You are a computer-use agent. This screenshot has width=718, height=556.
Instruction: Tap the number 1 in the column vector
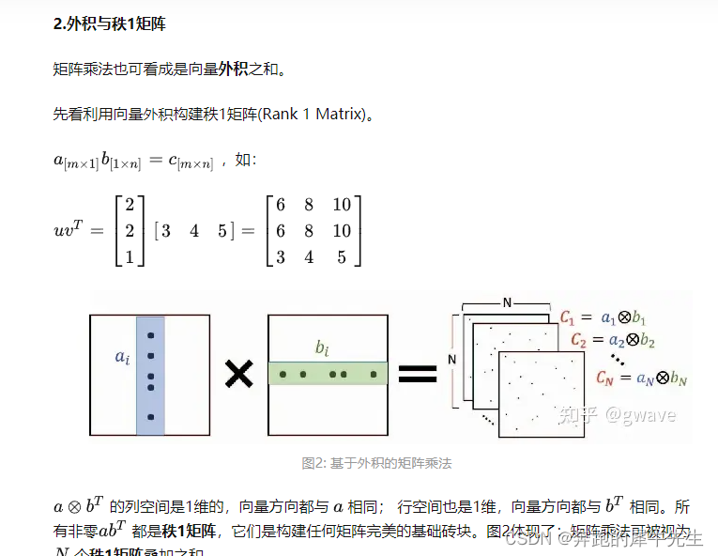130,256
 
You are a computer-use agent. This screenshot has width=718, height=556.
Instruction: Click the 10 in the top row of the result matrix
342,205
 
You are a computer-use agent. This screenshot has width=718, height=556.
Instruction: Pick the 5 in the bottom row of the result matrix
342,256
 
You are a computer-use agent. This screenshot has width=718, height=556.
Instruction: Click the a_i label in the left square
121,357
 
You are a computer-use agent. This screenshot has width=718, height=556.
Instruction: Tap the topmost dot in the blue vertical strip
150,335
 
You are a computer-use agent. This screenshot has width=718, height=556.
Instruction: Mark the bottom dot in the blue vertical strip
150,416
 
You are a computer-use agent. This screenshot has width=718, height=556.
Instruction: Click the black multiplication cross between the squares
239,375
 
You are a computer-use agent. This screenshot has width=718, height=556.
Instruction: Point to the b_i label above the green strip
322,348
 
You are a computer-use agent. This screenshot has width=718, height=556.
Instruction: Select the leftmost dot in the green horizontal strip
283,375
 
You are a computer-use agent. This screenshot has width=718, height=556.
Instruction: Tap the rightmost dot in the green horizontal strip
374,375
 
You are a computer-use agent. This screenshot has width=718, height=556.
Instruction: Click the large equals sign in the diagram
418,375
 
